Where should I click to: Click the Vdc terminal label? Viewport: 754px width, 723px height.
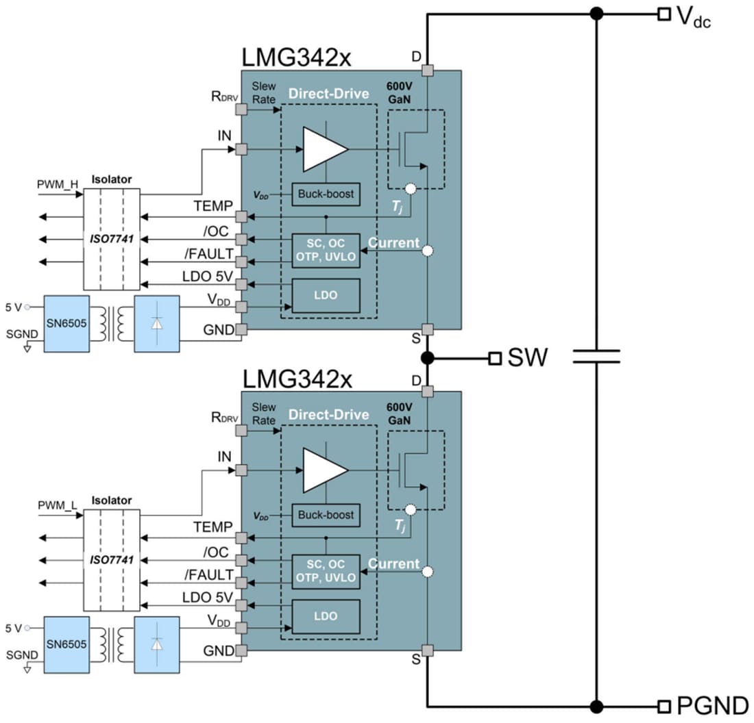[694, 16]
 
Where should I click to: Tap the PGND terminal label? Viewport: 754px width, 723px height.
[712, 706]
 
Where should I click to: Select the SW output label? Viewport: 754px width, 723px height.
[527, 357]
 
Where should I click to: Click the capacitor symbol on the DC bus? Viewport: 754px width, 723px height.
[596, 356]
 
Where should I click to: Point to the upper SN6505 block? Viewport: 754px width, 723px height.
[66, 324]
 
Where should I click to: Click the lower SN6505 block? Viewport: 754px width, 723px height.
[66, 645]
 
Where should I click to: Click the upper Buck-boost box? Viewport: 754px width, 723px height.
[326, 194]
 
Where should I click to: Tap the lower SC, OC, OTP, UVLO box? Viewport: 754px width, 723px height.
[326, 571]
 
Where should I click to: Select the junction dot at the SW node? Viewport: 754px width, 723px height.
[427, 357]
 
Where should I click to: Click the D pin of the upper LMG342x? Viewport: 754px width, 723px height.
[427, 71]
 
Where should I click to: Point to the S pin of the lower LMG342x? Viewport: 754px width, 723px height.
[427, 650]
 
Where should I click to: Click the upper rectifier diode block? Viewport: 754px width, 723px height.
[157, 324]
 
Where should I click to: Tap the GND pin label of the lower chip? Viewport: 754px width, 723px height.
[219, 651]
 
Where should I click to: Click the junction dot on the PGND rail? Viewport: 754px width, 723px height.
[596, 706]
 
